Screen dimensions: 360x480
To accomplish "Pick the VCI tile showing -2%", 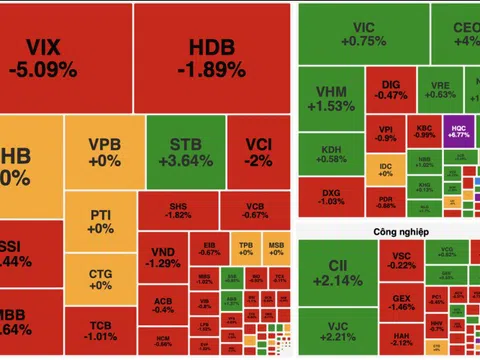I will (x=258, y=152).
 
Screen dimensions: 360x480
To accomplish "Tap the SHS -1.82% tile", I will (x=179, y=208).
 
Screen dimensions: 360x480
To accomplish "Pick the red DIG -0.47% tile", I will (x=392, y=89).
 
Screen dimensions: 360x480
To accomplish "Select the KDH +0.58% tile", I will (x=330, y=153).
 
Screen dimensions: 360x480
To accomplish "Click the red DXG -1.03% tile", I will (x=330, y=195).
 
